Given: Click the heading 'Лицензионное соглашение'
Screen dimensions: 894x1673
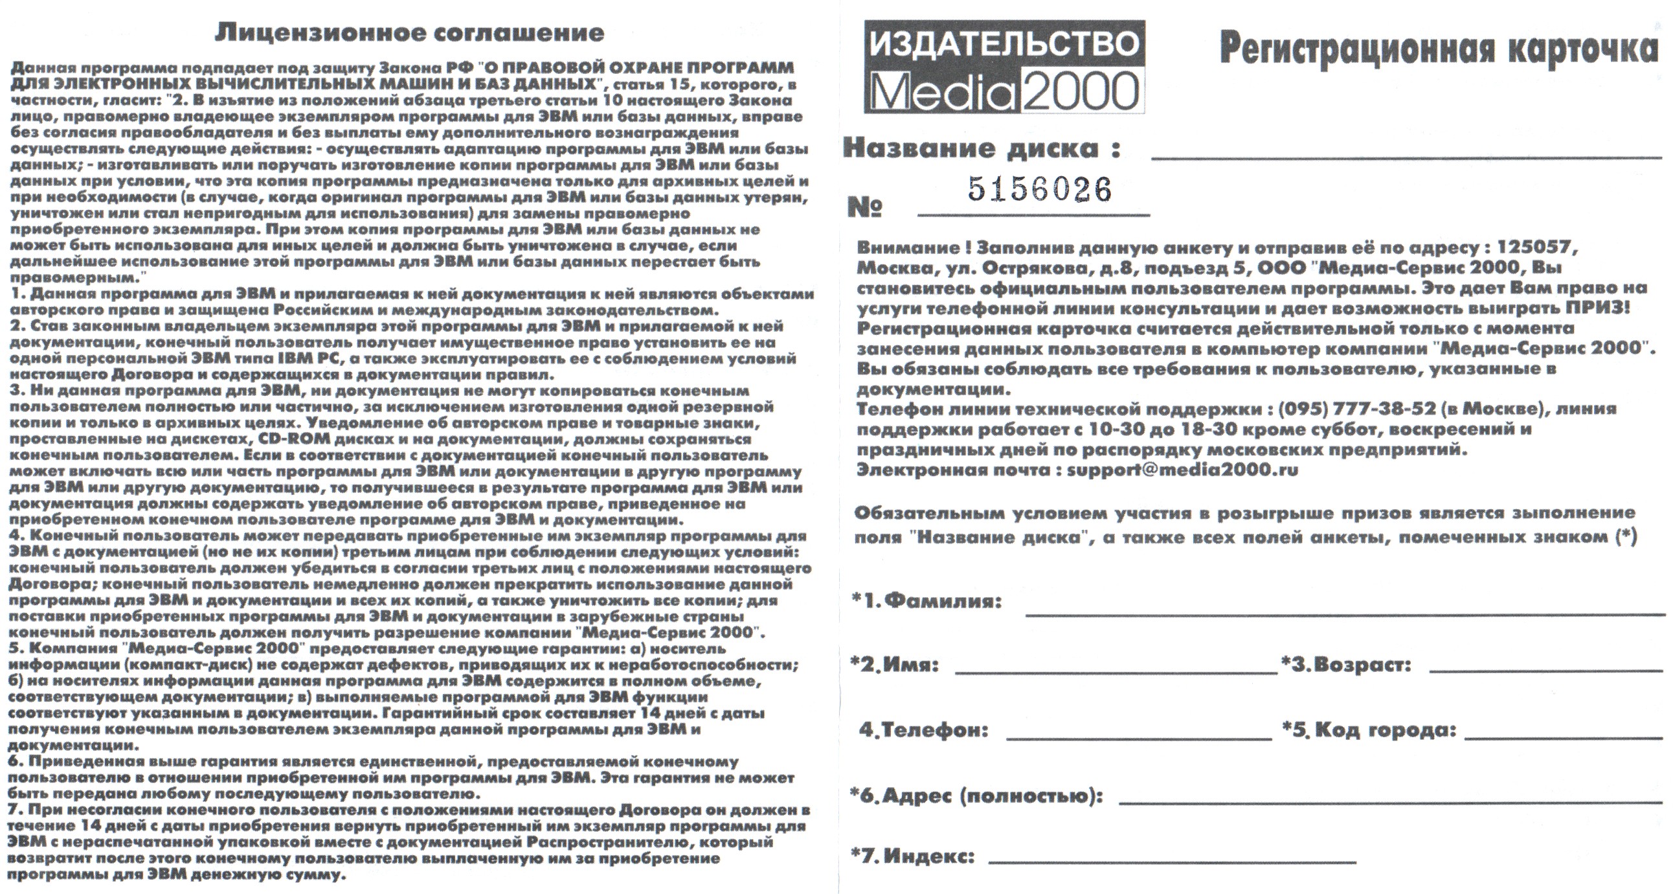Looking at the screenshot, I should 409,32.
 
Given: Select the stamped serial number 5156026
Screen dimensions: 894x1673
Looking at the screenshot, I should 1040,189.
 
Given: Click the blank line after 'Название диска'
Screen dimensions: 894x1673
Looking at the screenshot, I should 1406,155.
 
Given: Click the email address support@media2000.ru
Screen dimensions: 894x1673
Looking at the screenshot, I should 1183,470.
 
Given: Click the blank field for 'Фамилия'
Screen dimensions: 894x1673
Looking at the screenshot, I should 1344,611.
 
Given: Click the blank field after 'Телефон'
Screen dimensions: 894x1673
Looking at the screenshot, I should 1138,736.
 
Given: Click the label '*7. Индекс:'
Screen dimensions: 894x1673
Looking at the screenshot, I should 912,856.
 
